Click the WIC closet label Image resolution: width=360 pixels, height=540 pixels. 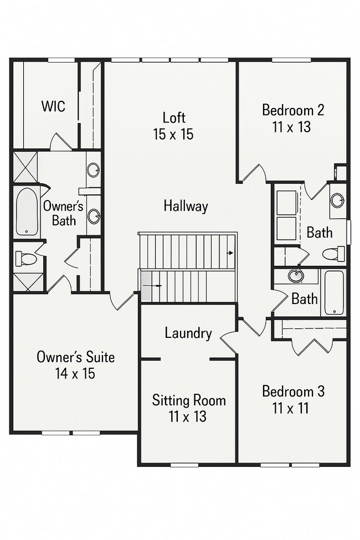(53, 106)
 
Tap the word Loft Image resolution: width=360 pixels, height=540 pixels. (174, 117)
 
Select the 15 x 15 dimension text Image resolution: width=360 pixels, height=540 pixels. (174, 134)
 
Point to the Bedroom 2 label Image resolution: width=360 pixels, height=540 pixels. (293, 110)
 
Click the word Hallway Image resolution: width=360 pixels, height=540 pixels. (186, 206)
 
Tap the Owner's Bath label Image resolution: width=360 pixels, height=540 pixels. (63, 213)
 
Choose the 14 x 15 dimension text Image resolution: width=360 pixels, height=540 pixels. (75, 374)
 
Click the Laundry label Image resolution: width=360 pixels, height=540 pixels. (188, 333)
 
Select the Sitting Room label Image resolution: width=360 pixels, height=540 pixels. (189, 400)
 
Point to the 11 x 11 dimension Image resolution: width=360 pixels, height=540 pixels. (291, 409)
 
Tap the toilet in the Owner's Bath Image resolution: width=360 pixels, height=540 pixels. (25, 258)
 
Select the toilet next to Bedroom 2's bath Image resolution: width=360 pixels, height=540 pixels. (333, 254)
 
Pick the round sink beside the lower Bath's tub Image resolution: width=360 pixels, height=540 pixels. (296, 275)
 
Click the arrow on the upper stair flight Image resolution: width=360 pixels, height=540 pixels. (229, 253)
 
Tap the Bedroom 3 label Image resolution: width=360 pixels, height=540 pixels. (293, 392)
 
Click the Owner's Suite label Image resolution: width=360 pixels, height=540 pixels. (75, 357)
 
